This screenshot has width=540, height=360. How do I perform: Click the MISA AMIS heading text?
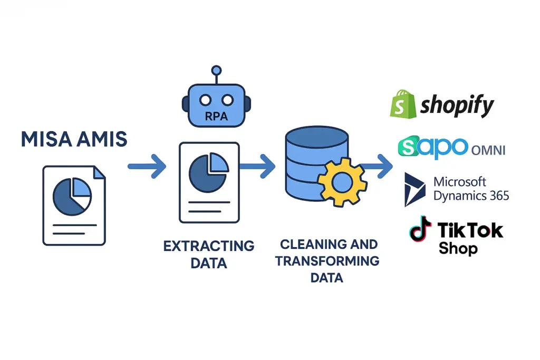pyautogui.click(x=74, y=139)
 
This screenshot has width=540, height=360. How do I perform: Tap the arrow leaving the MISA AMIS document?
pyautogui.click(x=147, y=167)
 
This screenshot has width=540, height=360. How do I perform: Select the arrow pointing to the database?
pyautogui.click(x=257, y=167)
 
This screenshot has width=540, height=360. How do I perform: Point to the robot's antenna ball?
pyautogui.click(x=215, y=70)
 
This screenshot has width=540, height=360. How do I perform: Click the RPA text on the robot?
pyautogui.click(x=215, y=115)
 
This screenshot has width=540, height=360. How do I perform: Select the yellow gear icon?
pyautogui.click(x=342, y=182)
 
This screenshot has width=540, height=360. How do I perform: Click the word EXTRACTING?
pyautogui.click(x=209, y=246)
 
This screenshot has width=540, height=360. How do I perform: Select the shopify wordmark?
pyautogui.click(x=457, y=106)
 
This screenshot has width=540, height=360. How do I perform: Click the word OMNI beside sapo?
pyautogui.click(x=488, y=150)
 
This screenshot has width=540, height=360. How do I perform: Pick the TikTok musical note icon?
pyautogui.click(x=420, y=229)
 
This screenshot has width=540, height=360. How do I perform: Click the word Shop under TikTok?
pyautogui.click(x=458, y=248)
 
